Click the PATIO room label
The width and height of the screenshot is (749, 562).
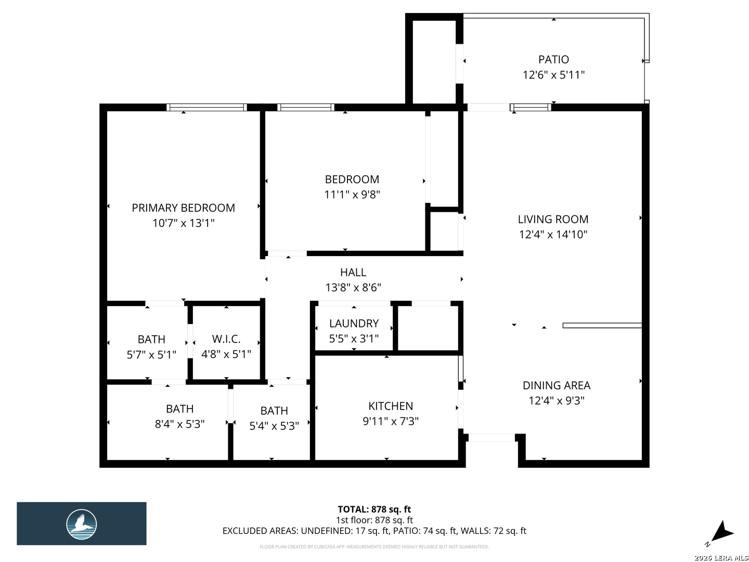(553, 59)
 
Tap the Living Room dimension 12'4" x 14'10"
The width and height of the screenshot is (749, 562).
(553, 234)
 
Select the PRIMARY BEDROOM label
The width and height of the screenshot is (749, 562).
(183, 208)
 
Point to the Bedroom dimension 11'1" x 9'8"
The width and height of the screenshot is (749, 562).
(352, 195)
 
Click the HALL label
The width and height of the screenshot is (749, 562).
(353, 272)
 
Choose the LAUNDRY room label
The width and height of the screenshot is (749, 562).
(354, 323)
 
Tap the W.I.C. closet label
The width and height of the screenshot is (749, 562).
(226, 339)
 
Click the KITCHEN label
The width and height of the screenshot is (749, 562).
(391, 406)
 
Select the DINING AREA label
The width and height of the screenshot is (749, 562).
(556, 385)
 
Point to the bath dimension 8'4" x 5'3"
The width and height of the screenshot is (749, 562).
(179, 424)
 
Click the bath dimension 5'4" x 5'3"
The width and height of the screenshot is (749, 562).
(274, 426)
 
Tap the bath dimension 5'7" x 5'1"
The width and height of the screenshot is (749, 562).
(151, 355)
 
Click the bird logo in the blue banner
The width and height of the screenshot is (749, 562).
(81, 524)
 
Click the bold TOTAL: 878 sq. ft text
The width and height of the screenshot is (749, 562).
(374, 509)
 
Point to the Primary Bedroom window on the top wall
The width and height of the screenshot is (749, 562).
(206, 107)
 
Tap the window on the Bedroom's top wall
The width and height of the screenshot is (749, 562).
(306, 107)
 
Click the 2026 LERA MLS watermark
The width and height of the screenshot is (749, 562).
(721, 558)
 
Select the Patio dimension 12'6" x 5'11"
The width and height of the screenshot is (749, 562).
(553, 75)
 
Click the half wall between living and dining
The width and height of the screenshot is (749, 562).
(602, 326)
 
